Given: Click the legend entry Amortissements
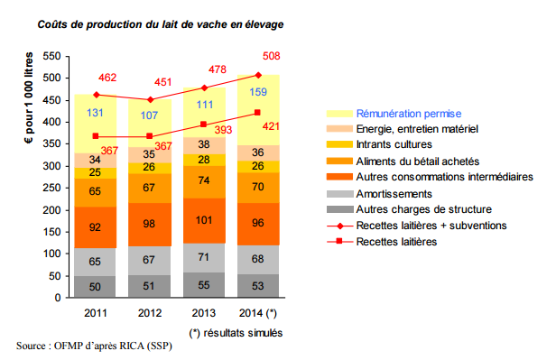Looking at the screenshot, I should coord(395,193).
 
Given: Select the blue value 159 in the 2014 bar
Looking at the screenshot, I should coord(257,92).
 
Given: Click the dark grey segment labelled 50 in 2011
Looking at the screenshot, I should coord(97,286).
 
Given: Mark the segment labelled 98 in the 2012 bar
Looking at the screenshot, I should coord(150,223).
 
